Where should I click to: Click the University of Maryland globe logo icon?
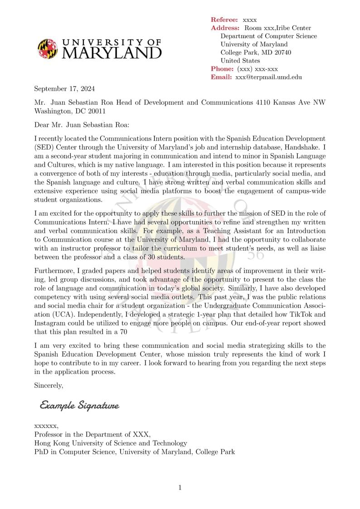pos(48,48)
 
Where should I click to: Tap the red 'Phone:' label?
pos(222,69)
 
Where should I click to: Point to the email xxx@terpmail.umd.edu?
pos(268,77)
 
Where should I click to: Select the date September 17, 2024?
pos(64,89)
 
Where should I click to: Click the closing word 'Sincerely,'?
pos(49,385)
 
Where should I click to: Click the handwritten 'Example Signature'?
pos(79,405)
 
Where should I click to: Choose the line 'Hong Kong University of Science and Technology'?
pos(111,443)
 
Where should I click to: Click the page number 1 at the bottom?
pos(180,488)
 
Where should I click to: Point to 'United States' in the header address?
pos(240,61)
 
